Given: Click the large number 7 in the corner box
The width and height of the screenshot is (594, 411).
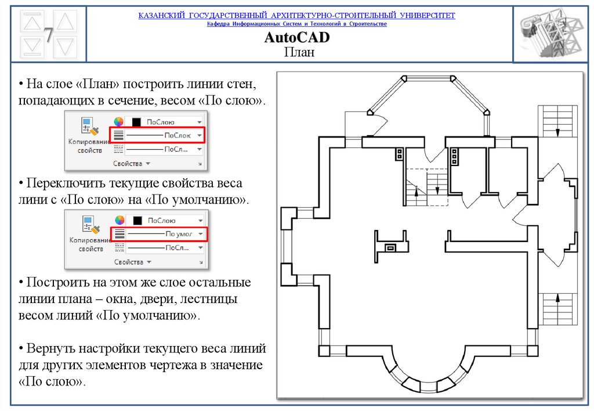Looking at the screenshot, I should click(x=49, y=35).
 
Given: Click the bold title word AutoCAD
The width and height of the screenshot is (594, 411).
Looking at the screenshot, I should click(x=297, y=38).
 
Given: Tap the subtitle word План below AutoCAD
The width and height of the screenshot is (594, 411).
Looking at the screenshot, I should click(x=297, y=52).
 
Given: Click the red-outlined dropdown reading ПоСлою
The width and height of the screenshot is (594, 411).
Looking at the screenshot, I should click(x=165, y=135).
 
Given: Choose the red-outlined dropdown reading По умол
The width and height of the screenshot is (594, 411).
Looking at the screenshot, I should click(x=165, y=234).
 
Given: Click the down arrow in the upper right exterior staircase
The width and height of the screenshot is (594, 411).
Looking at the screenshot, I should click(x=558, y=132).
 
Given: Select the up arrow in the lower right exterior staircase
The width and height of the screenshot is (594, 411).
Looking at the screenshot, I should click(x=558, y=298).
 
